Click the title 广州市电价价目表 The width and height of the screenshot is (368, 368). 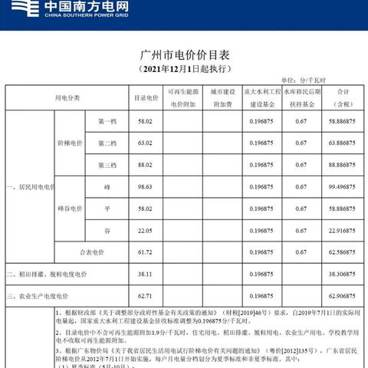[x=184, y=56]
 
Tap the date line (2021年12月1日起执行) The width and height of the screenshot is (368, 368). [x=184, y=70]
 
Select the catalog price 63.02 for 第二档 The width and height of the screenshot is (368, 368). [x=146, y=143]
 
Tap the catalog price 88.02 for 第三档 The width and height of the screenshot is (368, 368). [x=146, y=165]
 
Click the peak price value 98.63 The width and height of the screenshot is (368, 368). [x=146, y=186]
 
